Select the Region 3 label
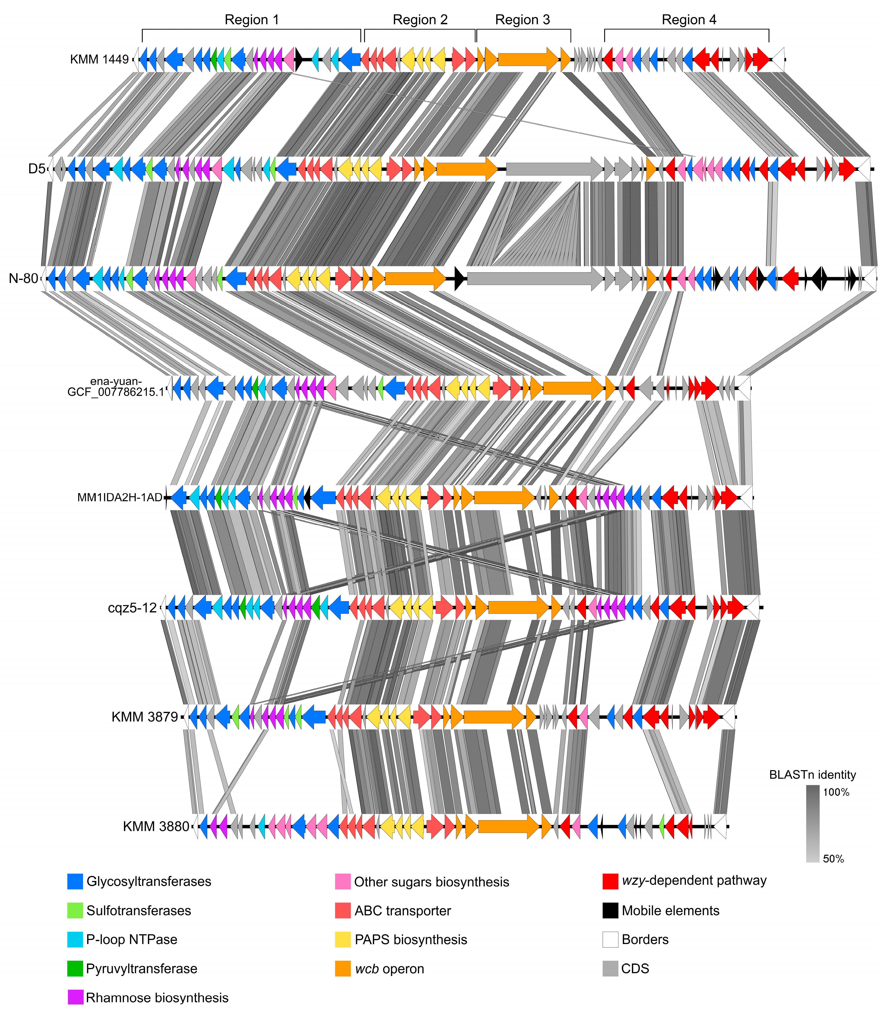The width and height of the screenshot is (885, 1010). click(x=523, y=20)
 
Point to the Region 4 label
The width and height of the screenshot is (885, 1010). click(x=689, y=20)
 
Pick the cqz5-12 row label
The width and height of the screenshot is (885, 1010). click(x=132, y=608)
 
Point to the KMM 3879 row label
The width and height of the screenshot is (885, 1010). click(x=145, y=717)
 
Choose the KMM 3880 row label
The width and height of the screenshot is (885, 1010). click(x=156, y=826)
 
